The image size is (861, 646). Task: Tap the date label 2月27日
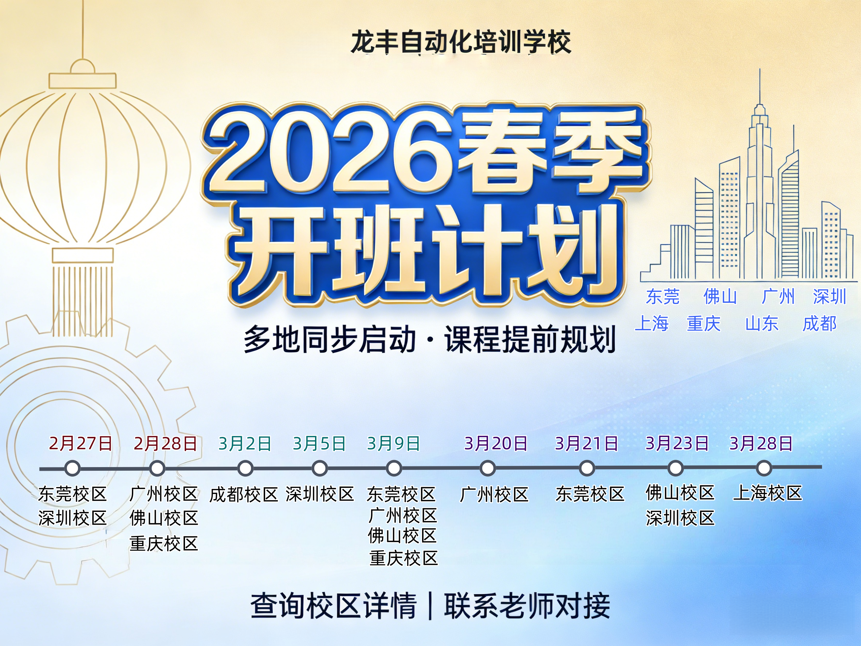[x=80, y=443]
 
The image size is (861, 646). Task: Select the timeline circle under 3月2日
[x=245, y=469]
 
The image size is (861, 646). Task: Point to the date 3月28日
[x=761, y=443]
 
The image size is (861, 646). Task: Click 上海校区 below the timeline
[x=768, y=493]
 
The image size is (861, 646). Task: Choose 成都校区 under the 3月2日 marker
[x=244, y=494]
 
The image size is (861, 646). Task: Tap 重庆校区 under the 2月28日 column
[x=164, y=544]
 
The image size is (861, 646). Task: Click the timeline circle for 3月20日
[x=488, y=469]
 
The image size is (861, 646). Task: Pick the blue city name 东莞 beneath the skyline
[x=663, y=297]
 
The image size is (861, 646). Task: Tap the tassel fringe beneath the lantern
[x=83, y=300]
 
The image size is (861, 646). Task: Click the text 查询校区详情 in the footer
[x=334, y=606]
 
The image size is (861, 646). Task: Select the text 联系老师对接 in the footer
[x=527, y=606]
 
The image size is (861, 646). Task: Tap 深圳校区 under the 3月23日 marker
[x=680, y=518]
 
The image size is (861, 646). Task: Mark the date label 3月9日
[x=393, y=443]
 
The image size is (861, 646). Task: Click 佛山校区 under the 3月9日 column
[x=402, y=536]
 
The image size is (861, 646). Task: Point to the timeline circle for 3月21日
[x=587, y=469]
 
